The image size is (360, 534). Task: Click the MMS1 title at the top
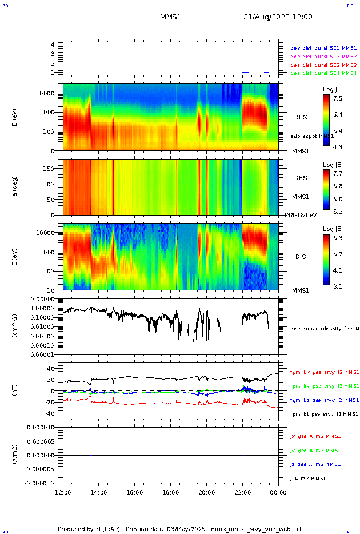click(x=170, y=17)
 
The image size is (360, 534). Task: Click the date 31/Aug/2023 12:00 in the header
click(x=278, y=17)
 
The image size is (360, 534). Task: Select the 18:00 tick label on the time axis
click(x=170, y=492)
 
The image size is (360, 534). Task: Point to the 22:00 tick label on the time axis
click(x=242, y=492)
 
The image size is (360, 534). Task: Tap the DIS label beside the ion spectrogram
click(x=301, y=257)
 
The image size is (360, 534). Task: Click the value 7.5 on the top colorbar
click(x=338, y=98)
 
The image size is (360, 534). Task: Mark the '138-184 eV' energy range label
click(x=299, y=215)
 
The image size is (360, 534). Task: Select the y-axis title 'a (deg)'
click(x=15, y=186)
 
